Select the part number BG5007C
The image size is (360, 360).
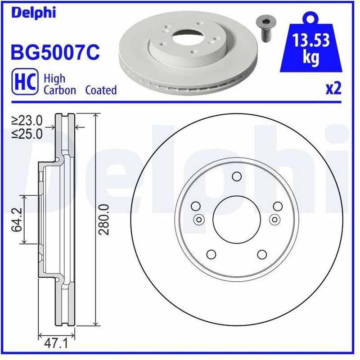[54, 53]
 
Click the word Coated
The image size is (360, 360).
[101, 90]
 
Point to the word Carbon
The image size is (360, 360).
[59, 90]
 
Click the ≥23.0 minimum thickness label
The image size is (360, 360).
[27, 120]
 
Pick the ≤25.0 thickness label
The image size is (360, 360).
[27, 133]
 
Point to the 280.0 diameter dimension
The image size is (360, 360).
[104, 219]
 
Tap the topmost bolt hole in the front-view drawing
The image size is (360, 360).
[237, 176]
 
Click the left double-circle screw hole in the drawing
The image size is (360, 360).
[198, 219]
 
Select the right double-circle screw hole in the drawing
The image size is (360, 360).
[275, 219]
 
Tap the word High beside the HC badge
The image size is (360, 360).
[54, 78]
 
